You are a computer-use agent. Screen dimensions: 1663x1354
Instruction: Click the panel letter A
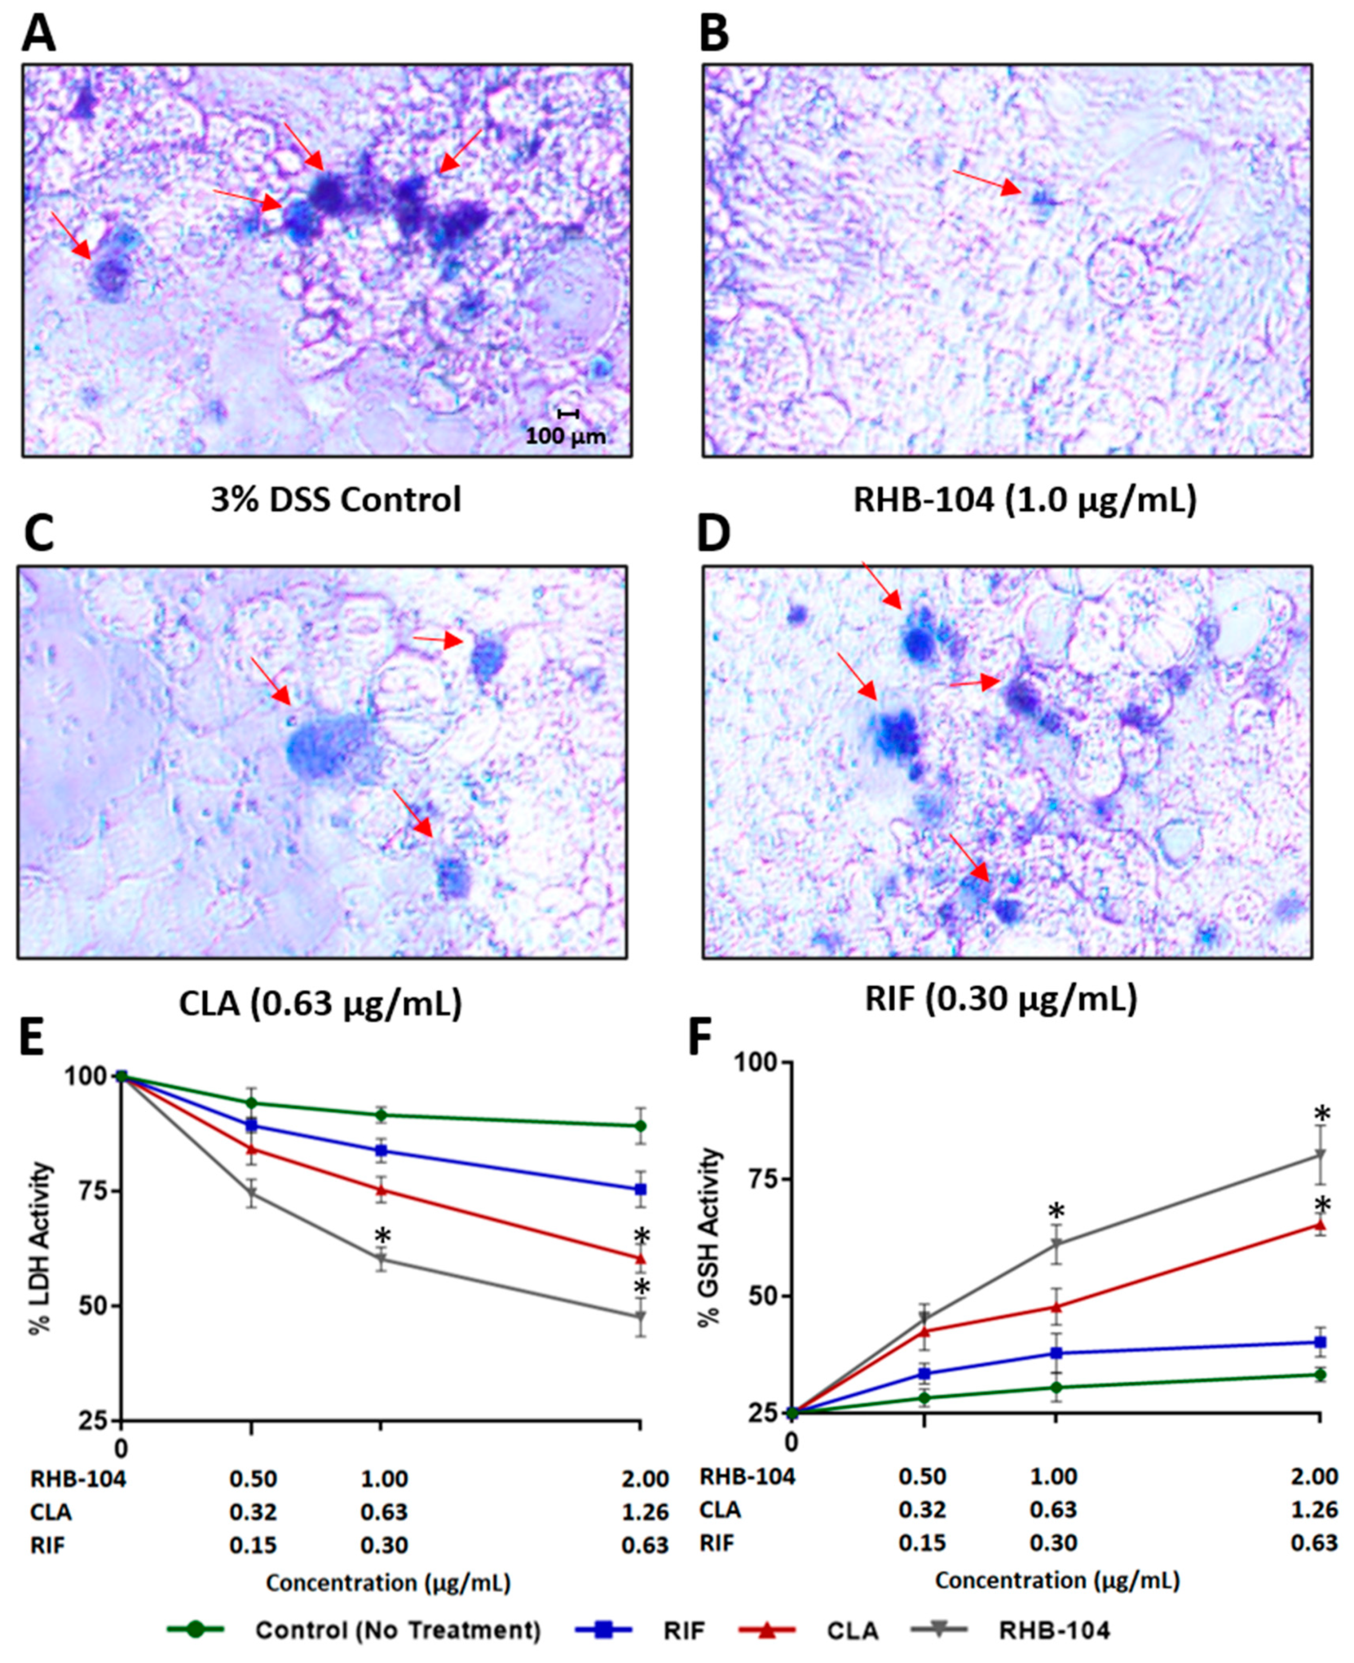(38, 33)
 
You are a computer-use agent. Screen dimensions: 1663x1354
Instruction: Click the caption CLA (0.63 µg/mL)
(320, 1004)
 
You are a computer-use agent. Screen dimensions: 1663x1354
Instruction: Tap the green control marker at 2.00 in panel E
(640, 1125)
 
